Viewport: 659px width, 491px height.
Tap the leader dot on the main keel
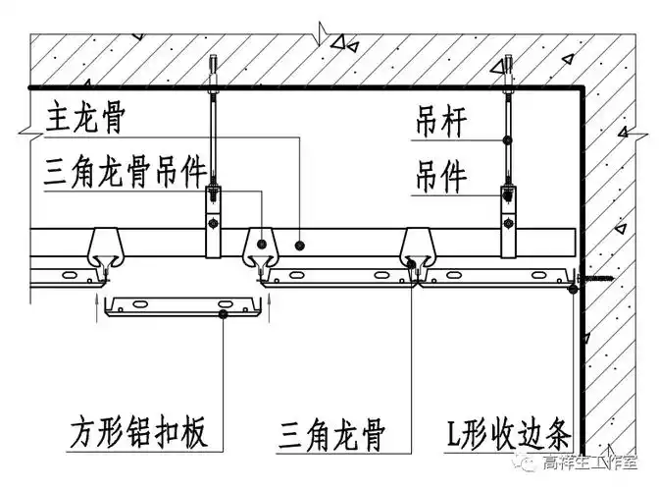[300, 242]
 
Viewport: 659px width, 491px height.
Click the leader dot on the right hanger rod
[507, 140]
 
